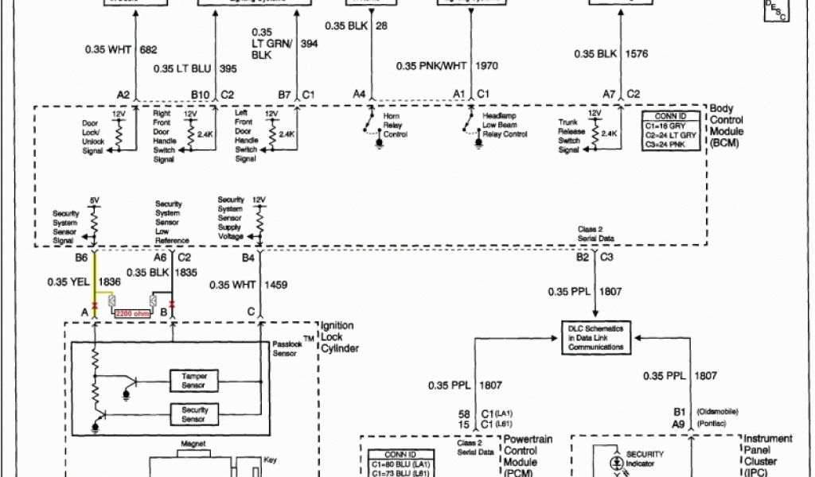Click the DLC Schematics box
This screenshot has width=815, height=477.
[596, 337]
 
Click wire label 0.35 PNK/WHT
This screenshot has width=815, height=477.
[432, 67]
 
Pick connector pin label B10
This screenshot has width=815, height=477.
[200, 95]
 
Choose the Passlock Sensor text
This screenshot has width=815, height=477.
[286, 349]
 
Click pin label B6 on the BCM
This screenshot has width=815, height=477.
[80, 258]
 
